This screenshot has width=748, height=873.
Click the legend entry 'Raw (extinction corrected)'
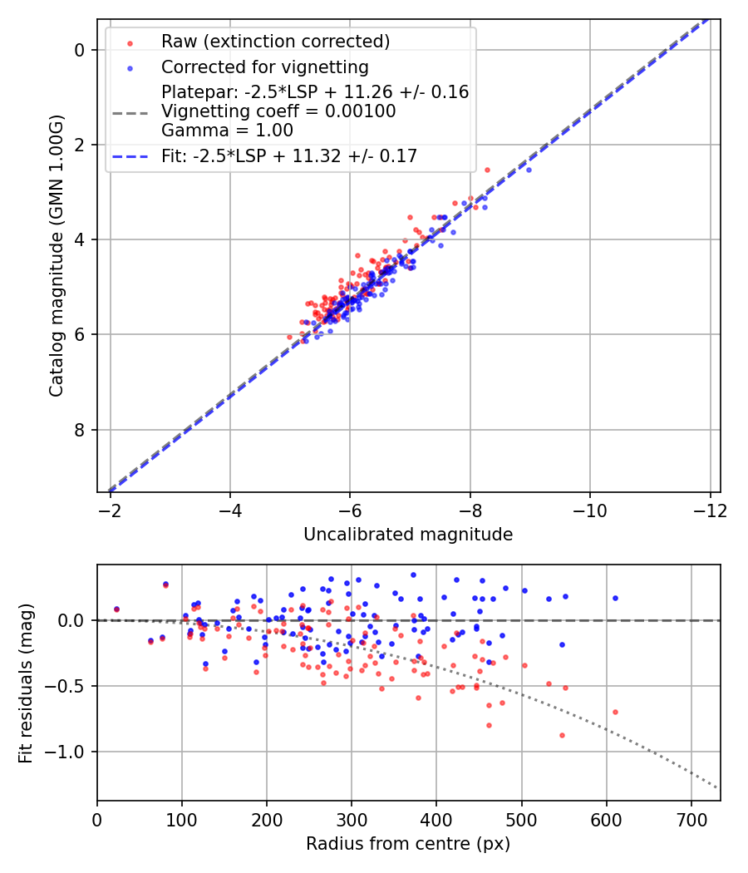pos(275,42)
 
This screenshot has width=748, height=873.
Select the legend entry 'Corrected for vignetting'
pos(264,67)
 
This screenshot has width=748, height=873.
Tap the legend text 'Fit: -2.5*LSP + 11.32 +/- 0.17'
pos(288,155)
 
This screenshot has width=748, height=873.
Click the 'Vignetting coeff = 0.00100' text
pos(278,111)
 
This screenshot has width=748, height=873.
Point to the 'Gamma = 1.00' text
pos(227,130)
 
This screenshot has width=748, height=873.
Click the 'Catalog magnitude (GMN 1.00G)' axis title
pos(56,254)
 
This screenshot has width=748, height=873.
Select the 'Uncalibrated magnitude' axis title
pos(408,535)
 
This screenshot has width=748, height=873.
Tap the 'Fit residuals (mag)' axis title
pos(26,683)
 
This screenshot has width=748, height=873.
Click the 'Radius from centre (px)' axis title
pos(408,844)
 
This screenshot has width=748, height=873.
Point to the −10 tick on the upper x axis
pos(589,507)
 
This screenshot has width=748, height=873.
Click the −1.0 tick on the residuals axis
pos(71,752)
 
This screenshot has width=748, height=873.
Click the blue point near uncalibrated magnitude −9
pos(529,170)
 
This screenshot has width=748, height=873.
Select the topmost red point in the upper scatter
pos(487,170)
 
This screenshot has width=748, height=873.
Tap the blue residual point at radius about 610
pos(615,598)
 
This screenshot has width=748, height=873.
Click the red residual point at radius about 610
pos(615,712)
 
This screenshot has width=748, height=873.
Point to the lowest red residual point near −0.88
pos(562,735)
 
